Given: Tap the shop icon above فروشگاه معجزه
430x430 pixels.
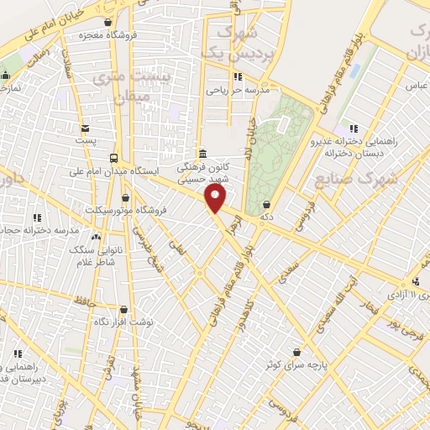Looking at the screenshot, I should pos(107,23).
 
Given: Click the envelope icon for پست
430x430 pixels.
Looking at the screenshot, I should pos(85,128).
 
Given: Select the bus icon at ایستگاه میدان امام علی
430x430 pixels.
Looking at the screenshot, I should pos(114,157).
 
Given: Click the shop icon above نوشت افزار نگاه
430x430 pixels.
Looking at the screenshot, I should pos(123,310).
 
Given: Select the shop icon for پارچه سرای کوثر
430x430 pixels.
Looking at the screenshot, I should pos(296,352).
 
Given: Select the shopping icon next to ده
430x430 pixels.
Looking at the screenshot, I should pos(266,203).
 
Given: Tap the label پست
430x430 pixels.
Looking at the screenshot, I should pos(85,140).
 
